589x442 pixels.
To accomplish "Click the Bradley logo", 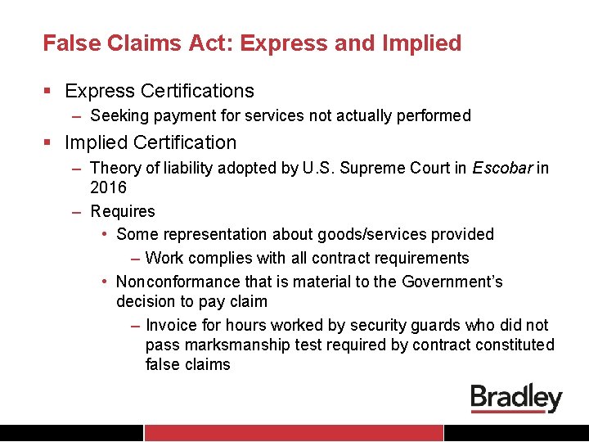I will click(516, 398).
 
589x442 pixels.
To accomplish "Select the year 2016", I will click(108, 187).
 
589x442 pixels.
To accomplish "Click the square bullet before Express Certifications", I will click(51, 92).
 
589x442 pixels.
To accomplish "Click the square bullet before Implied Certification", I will click(51, 143).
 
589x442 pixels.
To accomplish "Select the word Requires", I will click(123, 211).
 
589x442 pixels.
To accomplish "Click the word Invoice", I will click(172, 325).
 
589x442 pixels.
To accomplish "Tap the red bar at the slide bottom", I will click(294, 432).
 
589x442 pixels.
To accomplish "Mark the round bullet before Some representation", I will click(106, 234).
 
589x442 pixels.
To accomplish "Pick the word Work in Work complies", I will click(164, 258).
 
